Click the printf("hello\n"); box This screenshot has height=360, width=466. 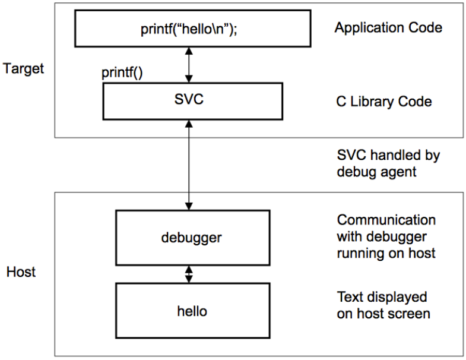[x=193, y=29]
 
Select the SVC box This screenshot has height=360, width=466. [x=193, y=102]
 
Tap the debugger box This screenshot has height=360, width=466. [x=193, y=238]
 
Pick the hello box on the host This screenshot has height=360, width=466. [x=193, y=311]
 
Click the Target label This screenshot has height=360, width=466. [x=24, y=69]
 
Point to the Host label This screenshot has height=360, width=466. [x=21, y=272]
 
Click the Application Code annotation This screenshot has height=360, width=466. [x=388, y=28]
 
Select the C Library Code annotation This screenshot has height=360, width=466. [x=384, y=102]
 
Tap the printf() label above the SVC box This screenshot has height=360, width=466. [x=122, y=72]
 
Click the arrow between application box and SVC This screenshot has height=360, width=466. [x=189, y=65]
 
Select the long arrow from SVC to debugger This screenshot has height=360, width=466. [x=189, y=165]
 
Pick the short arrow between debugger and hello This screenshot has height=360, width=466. [x=189, y=274]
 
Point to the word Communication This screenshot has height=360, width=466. [x=386, y=220]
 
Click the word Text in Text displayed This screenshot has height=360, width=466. [x=349, y=297]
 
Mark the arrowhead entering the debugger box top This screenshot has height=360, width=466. [x=189, y=206]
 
